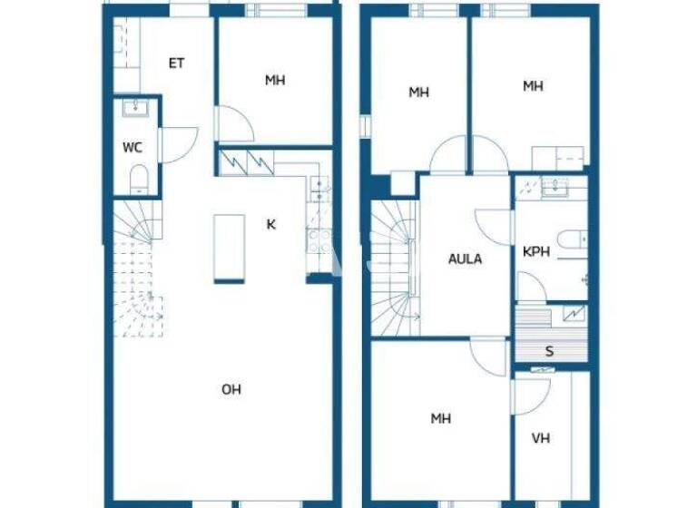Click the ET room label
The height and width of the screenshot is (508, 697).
tap(177, 63)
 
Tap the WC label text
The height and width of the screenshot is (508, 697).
tap(133, 147)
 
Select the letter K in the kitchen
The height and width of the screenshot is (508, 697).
tap(270, 225)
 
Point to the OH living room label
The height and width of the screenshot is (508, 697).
tap(231, 390)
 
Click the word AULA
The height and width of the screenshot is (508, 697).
tap(466, 259)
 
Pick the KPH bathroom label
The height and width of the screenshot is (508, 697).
tap(535, 252)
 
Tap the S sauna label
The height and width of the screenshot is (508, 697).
tap(549, 351)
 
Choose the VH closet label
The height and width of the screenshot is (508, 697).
tap(541, 439)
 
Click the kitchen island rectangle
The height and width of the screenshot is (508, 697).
tap(229, 248)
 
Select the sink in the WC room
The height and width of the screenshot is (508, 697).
tap(137, 109)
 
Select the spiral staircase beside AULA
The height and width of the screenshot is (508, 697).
tap(393, 268)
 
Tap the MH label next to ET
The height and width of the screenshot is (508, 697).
tap(275, 81)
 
